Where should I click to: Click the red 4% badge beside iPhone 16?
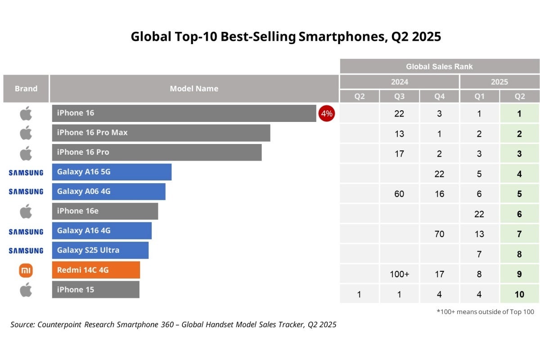[x=326, y=113]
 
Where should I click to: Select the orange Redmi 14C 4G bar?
[x=96, y=270]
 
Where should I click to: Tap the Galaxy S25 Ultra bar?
[x=100, y=250]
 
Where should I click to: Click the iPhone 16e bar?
[x=105, y=211]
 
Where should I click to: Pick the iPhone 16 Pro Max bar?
[x=161, y=133]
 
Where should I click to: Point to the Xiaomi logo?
[x=26, y=270]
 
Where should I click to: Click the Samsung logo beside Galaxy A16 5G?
[x=26, y=172]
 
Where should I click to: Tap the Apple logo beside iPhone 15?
[x=26, y=290]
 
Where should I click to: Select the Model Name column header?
[x=194, y=89]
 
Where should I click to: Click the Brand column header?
[x=26, y=89]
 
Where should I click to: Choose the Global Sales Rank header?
[x=439, y=67]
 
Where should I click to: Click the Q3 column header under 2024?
[x=399, y=96]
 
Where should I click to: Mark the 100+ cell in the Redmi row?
[x=399, y=274]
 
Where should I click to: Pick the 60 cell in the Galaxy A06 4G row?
[x=399, y=194]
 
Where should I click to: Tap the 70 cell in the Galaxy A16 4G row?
[x=439, y=234]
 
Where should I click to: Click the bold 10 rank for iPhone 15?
[x=519, y=295]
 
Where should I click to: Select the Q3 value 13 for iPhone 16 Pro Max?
[x=399, y=134]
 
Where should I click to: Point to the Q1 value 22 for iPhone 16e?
[x=479, y=214]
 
